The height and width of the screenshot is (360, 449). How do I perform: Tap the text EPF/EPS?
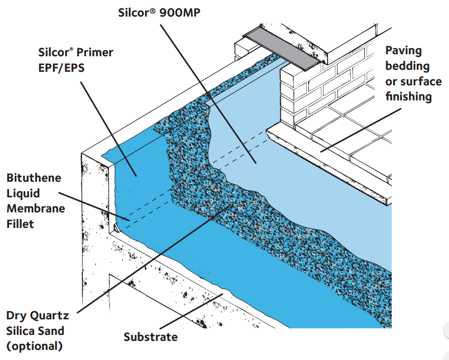pos(61,68)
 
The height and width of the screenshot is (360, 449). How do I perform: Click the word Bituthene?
pos(34,178)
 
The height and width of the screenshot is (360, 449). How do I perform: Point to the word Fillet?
pos(21,223)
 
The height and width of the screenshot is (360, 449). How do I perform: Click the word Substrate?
pos(151,337)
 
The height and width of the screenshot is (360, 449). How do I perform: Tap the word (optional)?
pos(35,345)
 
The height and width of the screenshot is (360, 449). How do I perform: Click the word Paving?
pos(403,50)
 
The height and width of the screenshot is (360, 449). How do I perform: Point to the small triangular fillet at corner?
pos(117,227)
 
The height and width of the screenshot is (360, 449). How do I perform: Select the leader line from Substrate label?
pos(191,311)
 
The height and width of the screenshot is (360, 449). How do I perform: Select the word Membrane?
pos(36,208)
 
